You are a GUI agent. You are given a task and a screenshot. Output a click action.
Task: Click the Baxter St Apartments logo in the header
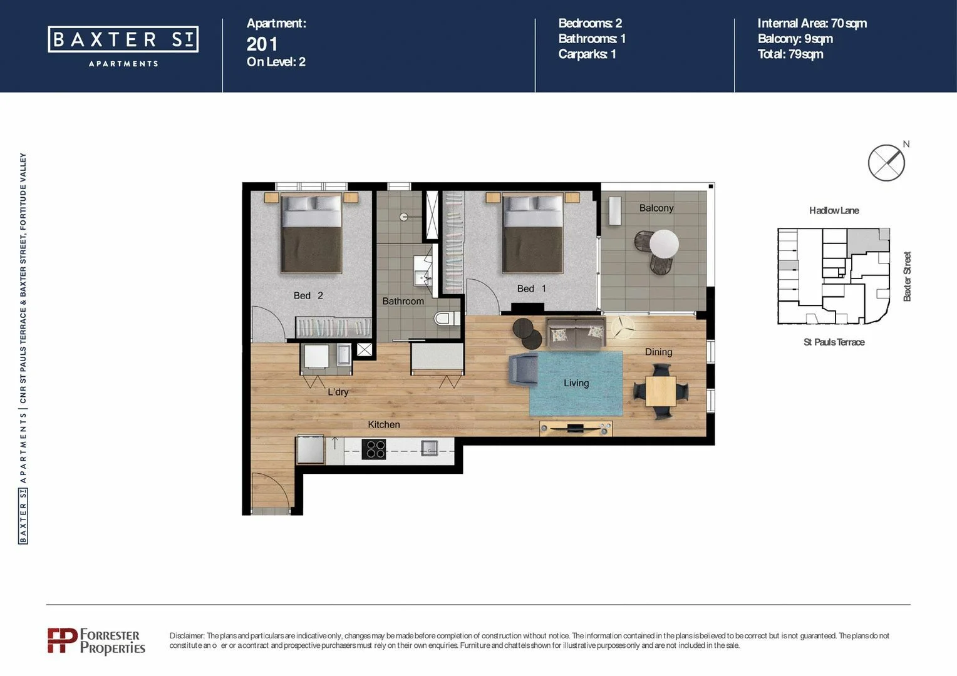[x=123, y=45]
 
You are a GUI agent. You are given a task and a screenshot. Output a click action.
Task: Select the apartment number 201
[x=262, y=44]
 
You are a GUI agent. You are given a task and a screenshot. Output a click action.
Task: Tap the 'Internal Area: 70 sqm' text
[x=812, y=23]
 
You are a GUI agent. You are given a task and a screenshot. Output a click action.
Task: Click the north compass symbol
[x=886, y=163]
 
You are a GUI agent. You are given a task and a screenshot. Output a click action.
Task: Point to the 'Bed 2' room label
[x=308, y=295]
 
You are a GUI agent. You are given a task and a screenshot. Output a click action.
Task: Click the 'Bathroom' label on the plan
[x=403, y=301]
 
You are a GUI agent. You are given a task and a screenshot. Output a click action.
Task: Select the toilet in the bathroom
[x=445, y=319]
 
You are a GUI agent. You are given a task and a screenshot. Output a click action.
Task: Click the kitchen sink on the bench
[x=429, y=448]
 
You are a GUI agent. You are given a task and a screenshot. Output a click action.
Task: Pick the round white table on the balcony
[x=664, y=243]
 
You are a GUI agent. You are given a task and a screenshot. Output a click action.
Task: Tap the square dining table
[x=661, y=391]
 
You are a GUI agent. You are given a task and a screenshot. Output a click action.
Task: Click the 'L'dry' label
[x=338, y=392]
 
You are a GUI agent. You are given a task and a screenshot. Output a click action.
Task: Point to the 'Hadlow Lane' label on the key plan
[x=834, y=210]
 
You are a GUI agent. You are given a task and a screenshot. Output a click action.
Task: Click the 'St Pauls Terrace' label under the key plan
[x=834, y=342]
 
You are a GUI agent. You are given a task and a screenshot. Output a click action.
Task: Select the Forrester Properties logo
[x=96, y=641]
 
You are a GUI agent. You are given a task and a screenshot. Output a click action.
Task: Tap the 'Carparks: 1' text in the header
[x=587, y=54]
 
